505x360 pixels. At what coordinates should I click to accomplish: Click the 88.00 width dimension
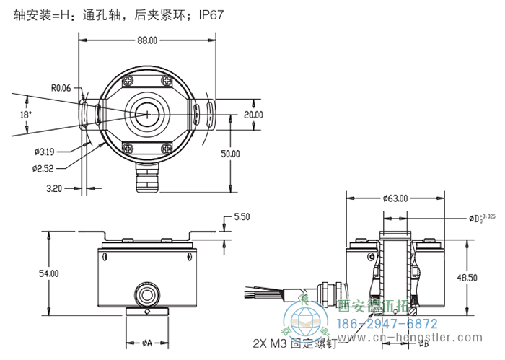tap(147, 40)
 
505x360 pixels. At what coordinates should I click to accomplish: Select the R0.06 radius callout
tap(61, 88)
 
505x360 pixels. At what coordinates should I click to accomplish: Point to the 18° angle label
tap(25, 115)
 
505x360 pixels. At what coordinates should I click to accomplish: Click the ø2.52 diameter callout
tap(43, 168)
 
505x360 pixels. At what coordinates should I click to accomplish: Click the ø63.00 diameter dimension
tap(395, 198)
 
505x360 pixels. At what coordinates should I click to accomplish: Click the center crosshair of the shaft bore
tap(147, 115)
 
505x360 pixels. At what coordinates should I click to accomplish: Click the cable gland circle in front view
tap(148, 293)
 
